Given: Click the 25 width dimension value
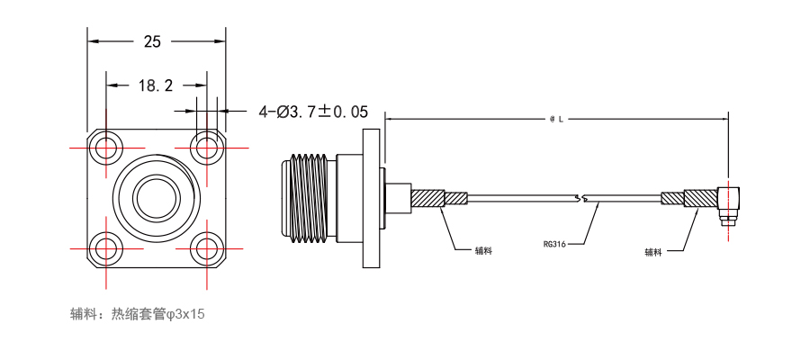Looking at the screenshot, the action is [x=152, y=41].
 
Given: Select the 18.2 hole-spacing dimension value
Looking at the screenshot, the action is [x=156, y=85].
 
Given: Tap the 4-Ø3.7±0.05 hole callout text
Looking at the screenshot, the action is [x=313, y=112].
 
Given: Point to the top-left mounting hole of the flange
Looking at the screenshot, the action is [x=106, y=148].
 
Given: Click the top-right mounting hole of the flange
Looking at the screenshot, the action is [x=207, y=148].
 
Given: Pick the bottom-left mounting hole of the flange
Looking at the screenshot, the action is [x=106, y=248].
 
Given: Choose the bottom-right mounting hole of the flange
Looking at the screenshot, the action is [x=207, y=248].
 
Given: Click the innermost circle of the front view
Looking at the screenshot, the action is [x=157, y=198].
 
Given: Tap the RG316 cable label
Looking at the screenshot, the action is [x=553, y=244].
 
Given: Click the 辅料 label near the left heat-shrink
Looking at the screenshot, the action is [x=483, y=250].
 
